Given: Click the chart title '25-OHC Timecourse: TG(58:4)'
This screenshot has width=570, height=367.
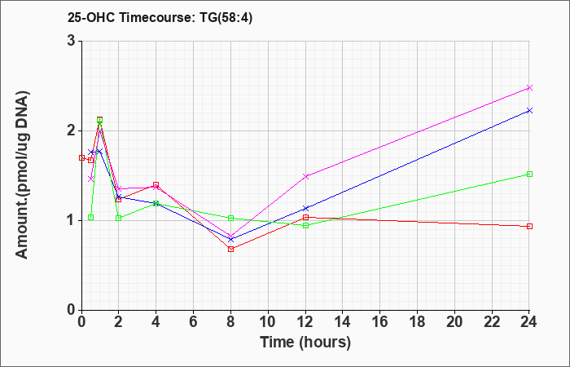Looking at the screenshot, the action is [160, 18].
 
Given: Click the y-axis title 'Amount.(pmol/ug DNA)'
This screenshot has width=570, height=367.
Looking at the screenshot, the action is [23, 175].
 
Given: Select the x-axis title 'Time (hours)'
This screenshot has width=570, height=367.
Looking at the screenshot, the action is [305, 343].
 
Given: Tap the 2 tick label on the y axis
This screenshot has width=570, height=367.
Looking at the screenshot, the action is [71, 130].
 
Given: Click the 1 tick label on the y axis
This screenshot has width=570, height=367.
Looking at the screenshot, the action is [71, 221].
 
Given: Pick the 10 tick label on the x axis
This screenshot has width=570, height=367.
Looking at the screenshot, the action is [268, 322].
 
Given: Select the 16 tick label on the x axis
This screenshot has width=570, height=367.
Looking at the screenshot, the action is [380, 322].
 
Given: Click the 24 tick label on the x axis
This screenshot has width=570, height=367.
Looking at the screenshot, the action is [529, 322].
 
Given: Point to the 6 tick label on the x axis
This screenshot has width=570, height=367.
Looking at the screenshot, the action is [194, 322].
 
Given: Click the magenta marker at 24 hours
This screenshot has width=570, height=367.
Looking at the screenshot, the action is [529, 88].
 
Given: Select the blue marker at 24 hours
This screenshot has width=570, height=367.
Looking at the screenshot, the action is [529, 110].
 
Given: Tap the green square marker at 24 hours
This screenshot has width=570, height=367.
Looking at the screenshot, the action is [529, 174].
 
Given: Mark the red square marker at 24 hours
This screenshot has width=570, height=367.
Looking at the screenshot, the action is [529, 226].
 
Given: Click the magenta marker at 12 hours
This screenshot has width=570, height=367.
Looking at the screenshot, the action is [305, 176].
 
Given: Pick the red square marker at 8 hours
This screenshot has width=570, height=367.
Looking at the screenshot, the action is [230, 249].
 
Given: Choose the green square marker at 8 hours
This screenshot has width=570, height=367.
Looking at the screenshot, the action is [230, 218].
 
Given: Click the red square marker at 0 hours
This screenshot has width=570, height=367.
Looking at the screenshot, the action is [81, 157].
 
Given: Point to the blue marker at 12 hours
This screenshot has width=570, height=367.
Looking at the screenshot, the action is [305, 208].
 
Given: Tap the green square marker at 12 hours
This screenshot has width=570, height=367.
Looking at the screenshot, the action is [305, 225].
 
